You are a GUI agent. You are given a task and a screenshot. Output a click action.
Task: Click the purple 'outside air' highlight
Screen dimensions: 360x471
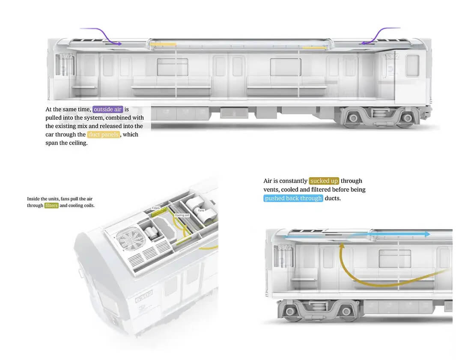tap(108, 110)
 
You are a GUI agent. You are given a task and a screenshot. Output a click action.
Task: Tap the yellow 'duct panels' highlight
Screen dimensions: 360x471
tap(103, 135)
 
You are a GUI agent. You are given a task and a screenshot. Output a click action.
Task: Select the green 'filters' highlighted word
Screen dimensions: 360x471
tap(51, 205)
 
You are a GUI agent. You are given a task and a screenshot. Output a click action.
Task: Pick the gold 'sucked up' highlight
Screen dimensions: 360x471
tap(324, 181)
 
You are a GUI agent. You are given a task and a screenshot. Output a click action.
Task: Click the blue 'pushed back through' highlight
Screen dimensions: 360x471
tap(293, 198)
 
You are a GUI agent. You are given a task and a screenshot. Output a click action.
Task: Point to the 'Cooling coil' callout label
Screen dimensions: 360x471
tap(182, 215)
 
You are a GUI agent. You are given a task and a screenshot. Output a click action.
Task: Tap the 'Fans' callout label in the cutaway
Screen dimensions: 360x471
tap(201, 211)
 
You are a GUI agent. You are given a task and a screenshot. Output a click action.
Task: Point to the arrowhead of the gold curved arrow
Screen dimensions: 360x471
tap(342, 246)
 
